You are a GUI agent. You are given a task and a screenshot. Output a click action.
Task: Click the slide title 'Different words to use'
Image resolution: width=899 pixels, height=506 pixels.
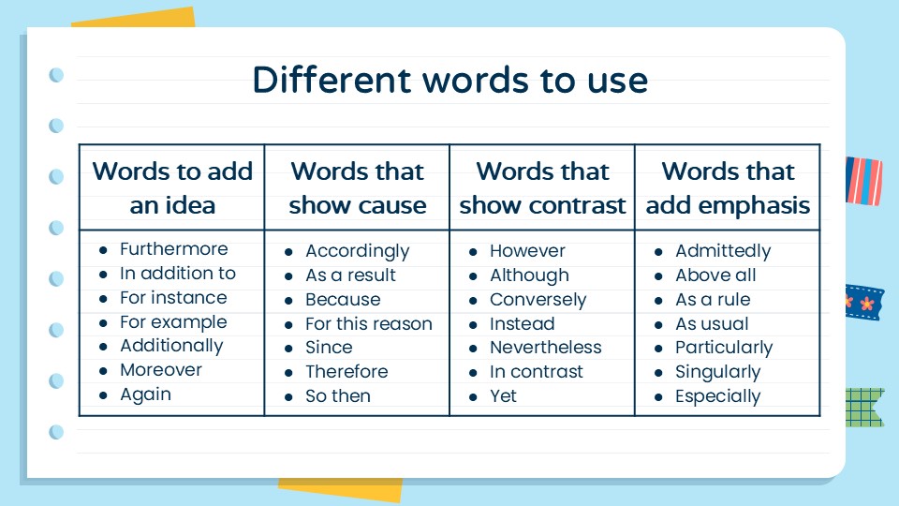pos(449,81)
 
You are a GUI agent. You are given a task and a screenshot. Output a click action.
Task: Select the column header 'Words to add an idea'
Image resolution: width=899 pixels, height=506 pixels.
pos(172,187)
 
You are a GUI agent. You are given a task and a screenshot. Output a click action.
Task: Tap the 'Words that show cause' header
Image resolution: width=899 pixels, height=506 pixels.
pos(357,187)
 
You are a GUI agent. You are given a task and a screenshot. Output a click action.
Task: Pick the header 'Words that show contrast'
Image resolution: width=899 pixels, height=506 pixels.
pos(542,187)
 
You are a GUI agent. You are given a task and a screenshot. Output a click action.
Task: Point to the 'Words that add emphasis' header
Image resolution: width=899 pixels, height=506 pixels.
pos(728,187)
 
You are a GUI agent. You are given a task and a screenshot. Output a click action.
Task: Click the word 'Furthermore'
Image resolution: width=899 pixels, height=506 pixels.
pos(173,249)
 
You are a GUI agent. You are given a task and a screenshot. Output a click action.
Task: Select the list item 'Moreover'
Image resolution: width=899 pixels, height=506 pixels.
pos(160,370)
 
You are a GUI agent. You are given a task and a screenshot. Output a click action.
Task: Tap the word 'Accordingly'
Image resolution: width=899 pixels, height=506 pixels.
pos(357,251)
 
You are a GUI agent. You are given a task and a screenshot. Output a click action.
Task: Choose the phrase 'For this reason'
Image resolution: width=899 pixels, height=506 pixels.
pos(368,324)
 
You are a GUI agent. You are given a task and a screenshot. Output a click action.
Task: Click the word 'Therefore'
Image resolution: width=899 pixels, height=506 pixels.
pos(346,372)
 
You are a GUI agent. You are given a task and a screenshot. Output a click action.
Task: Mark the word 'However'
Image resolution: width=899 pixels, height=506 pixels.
pos(527,251)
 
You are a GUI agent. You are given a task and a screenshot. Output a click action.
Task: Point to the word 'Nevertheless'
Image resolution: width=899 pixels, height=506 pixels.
pos(545,348)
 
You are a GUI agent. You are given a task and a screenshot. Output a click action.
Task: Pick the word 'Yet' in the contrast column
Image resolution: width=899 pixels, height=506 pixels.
pos(503,396)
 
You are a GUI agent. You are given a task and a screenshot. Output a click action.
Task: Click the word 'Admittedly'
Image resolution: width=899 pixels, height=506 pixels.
pos(723,251)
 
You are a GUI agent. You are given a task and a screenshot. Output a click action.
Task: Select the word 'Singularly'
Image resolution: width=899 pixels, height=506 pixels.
pos(717,372)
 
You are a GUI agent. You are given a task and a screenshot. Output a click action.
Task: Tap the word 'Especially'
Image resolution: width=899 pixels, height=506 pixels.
pos(717,396)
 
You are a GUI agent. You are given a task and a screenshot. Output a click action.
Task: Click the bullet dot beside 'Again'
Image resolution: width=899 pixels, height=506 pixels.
pos(104,395)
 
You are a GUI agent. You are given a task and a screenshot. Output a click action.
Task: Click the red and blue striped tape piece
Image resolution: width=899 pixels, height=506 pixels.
pos(863,180)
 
